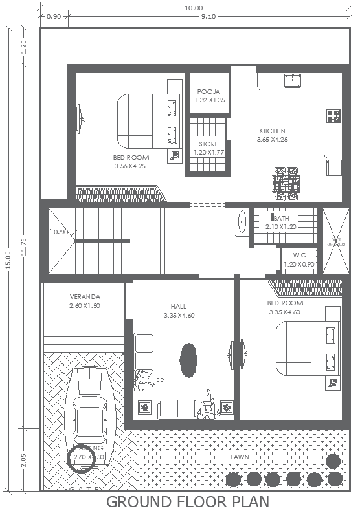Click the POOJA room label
[209, 92]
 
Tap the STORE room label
[208, 144]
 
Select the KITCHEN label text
[272, 131]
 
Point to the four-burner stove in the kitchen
[333, 116]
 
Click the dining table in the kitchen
[286, 182]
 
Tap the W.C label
[299, 255]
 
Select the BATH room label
[281, 219]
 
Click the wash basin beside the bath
[241, 221]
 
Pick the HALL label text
[179, 307]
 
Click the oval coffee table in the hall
[188, 360]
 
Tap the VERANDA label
[85, 297]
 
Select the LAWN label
[240, 457]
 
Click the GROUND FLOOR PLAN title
[188, 502]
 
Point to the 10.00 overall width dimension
[193, 8]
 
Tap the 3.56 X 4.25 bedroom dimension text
[131, 166]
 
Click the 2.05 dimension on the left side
[24, 461]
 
